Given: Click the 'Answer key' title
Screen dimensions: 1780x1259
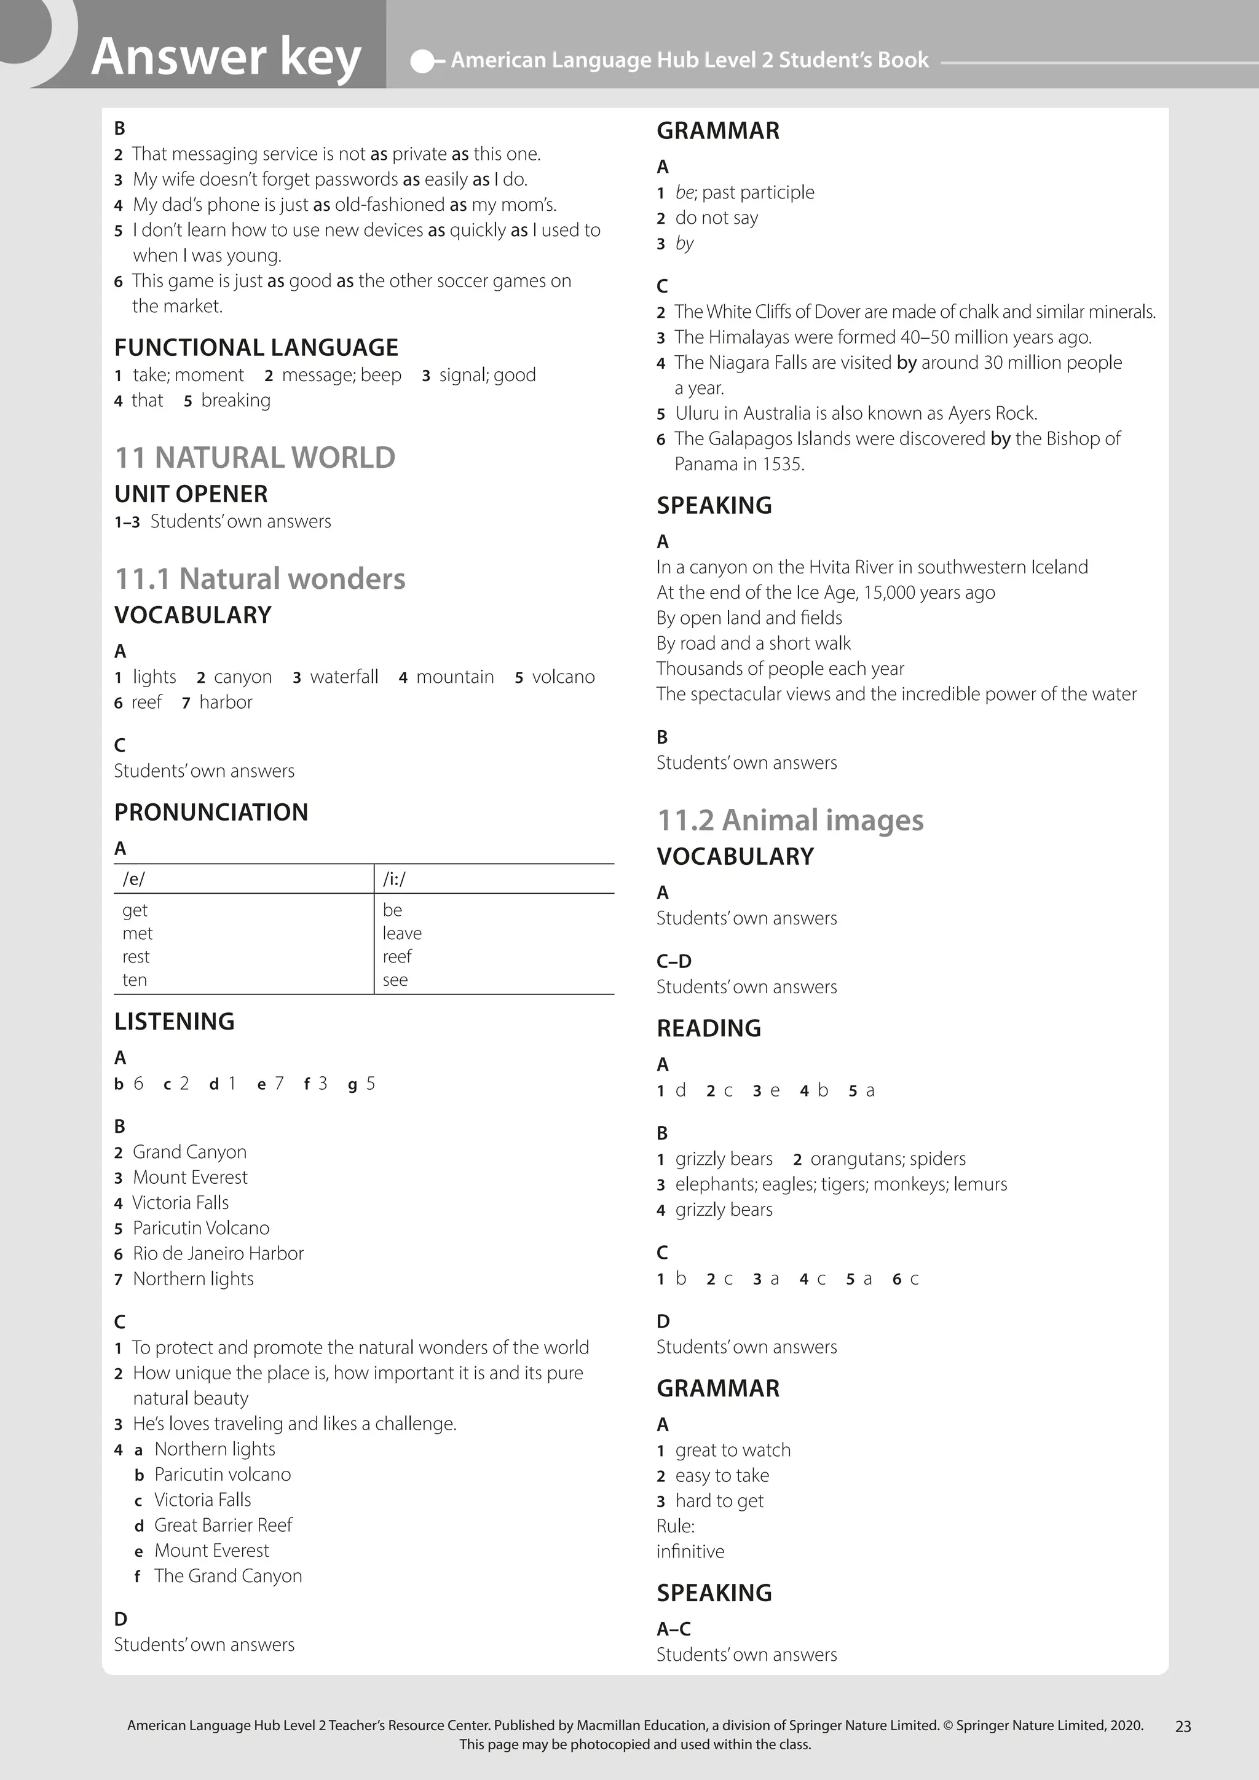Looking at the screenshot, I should pyautogui.click(x=226, y=57).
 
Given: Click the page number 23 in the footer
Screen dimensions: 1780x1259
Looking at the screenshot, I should pyautogui.click(x=1183, y=1726).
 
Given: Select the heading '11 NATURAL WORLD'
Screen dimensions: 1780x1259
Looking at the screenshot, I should pyautogui.click(x=255, y=457).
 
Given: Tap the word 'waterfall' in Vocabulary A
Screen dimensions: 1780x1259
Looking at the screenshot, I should pyautogui.click(x=344, y=677).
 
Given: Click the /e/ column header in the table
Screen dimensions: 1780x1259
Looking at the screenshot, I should pyautogui.click(x=134, y=878).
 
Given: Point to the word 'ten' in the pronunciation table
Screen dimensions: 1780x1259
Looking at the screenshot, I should pyautogui.click(x=135, y=979).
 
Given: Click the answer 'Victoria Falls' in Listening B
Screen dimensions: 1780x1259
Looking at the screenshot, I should pyautogui.click(x=181, y=1202).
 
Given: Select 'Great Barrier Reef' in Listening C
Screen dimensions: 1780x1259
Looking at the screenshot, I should pyautogui.click(x=223, y=1525).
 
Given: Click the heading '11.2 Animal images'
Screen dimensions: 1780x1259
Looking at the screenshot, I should pyautogui.click(x=790, y=820).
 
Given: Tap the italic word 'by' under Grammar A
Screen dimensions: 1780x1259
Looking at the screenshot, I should pyautogui.click(x=684, y=243).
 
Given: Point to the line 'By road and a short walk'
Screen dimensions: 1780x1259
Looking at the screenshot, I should pyautogui.click(x=754, y=644).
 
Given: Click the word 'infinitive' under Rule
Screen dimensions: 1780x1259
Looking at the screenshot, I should pyautogui.click(x=690, y=1551).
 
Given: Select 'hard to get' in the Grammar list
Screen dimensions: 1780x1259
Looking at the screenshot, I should pyautogui.click(x=719, y=1501).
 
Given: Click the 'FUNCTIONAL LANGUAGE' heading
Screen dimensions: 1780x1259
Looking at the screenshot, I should pyautogui.click(x=256, y=347).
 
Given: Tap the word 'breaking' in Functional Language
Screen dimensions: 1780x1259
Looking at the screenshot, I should pyautogui.click(x=235, y=401).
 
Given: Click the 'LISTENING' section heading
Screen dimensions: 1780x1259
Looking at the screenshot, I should pyautogui.click(x=175, y=1021).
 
